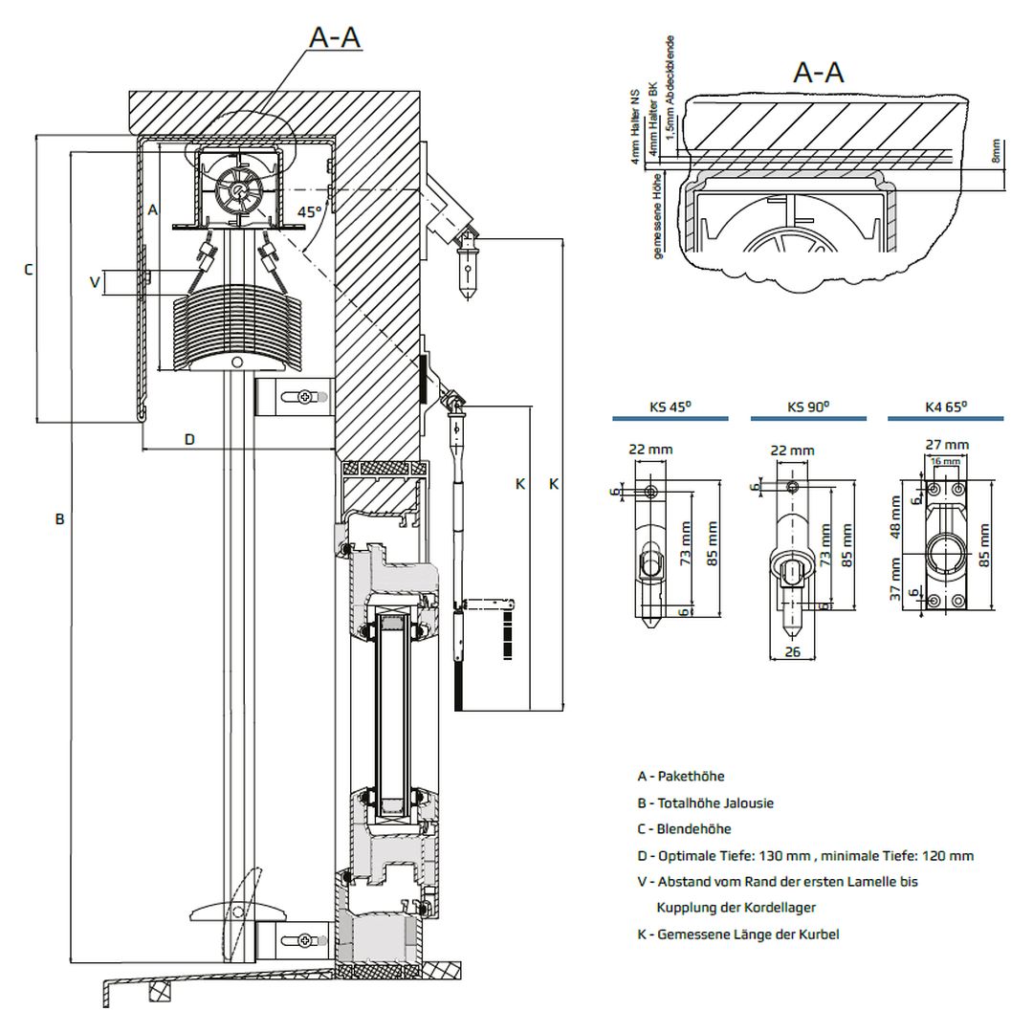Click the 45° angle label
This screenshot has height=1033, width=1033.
pos(309,212)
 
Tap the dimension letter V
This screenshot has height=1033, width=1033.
pos(94,282)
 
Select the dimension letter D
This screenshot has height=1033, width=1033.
pos(189,439)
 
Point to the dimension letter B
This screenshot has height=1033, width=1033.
pos(59,518)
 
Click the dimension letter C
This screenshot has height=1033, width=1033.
pos(28,270)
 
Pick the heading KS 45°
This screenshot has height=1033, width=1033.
pos(670,407)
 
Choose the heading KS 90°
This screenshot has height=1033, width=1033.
pos(807,407)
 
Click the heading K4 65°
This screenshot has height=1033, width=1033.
pos(945,407)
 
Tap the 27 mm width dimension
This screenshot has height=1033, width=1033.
pos(947,444)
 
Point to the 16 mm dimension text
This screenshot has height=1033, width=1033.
pos(945,461)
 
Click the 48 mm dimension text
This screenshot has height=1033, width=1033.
pos(896,517)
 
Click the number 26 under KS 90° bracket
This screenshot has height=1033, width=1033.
pos(793,653)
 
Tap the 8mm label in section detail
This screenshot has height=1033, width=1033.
pos(997,149)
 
